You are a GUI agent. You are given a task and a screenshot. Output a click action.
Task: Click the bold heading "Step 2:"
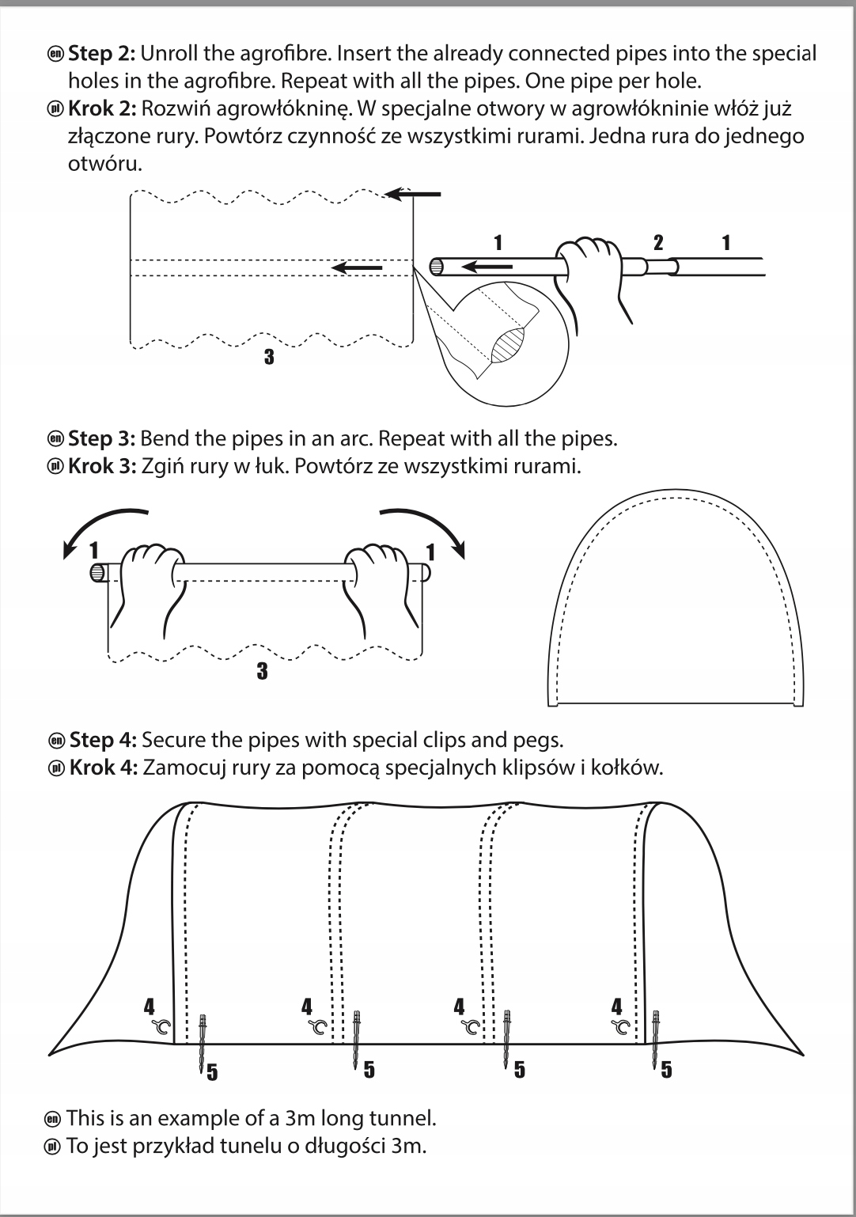coord(102,54)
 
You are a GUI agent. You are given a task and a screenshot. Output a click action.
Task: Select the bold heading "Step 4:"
coord(103,741)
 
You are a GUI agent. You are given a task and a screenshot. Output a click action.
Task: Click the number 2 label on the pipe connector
coord(657,243)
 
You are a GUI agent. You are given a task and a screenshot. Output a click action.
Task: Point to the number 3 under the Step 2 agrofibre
coord(269,357)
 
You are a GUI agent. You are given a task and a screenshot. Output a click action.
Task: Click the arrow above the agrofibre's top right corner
coord(413,194)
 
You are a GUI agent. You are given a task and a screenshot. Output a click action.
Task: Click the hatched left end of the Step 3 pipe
coord(97,571)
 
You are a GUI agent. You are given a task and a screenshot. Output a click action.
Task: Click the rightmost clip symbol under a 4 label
coord(623,1028)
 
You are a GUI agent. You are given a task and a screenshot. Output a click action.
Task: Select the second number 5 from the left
coord(369,1071)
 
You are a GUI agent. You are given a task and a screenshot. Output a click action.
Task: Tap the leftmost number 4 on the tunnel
coord(150,1007)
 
